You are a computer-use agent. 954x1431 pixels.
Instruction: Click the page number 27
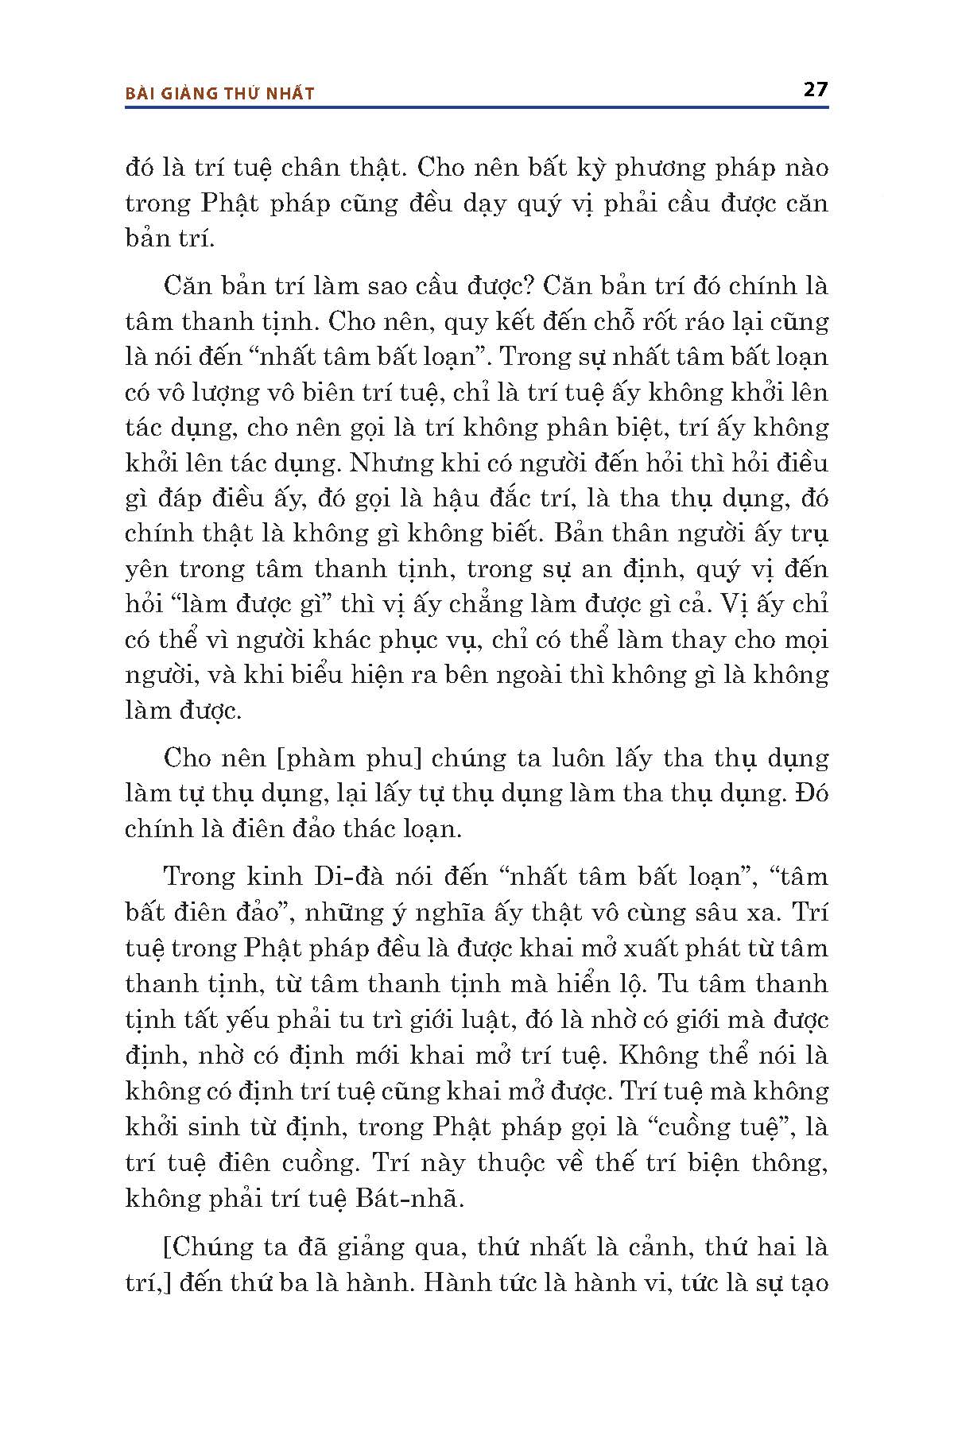pos(816,89)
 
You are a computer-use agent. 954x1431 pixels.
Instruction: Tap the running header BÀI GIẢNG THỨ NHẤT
pos(220,93)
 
